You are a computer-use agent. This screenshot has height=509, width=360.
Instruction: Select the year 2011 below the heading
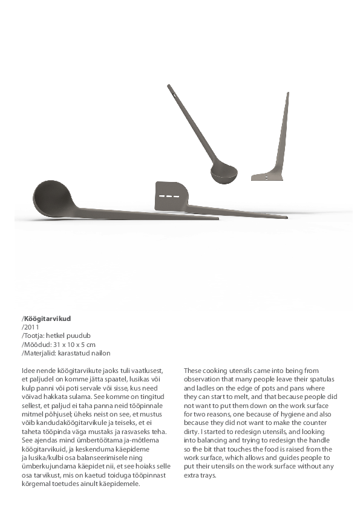pyautogui.click(x=31, y=326)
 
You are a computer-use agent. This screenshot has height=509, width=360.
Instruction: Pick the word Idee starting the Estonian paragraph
pyautogui.click(x=28, y=370)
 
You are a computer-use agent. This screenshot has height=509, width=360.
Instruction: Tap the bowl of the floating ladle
pyautogui.click(x=224, y=173)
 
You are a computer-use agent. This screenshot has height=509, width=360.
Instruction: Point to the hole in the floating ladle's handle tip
pyautogui.click(x=171, y=94)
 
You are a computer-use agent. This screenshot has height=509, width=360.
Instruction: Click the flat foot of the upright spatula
pyautogui.click(x=267, y=176)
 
